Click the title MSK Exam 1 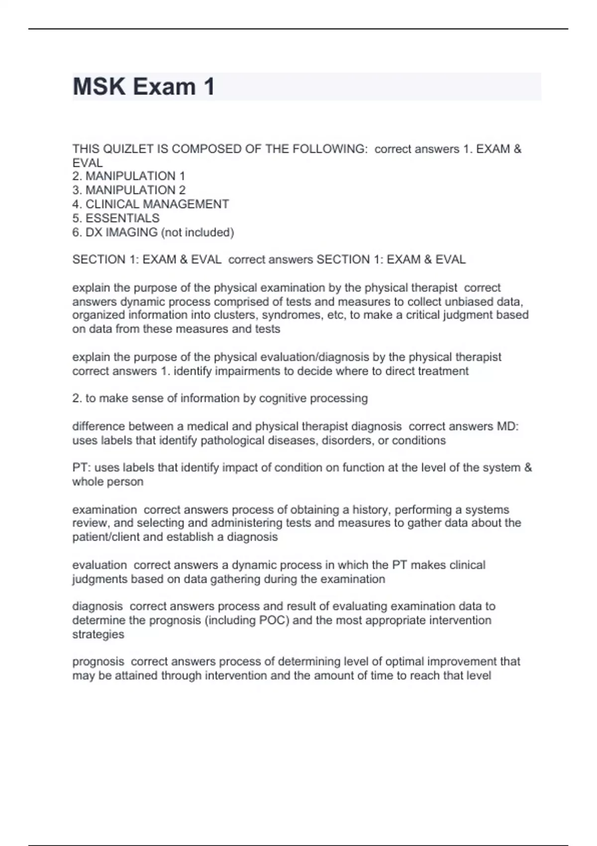(144, 87)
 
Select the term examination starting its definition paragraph (104, 510)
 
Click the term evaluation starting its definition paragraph (99, 565)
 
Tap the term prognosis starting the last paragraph (98, 661)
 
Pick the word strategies (98, 634)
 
